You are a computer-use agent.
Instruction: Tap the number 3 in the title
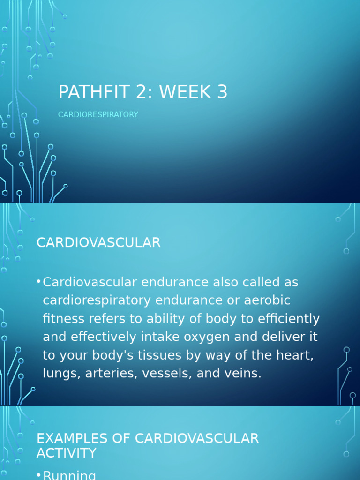pyautogui.click(x=222, y=92)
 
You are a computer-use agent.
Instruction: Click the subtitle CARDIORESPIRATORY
pyautogui.click(x=98, y=114)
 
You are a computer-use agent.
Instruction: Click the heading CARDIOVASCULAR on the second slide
pyautogui.click(x=98, y=243)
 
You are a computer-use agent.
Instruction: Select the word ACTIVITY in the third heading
pyautogui.click(x=66, y=453)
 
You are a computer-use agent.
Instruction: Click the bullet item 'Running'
pyautogui.click(x=69, y=475)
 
